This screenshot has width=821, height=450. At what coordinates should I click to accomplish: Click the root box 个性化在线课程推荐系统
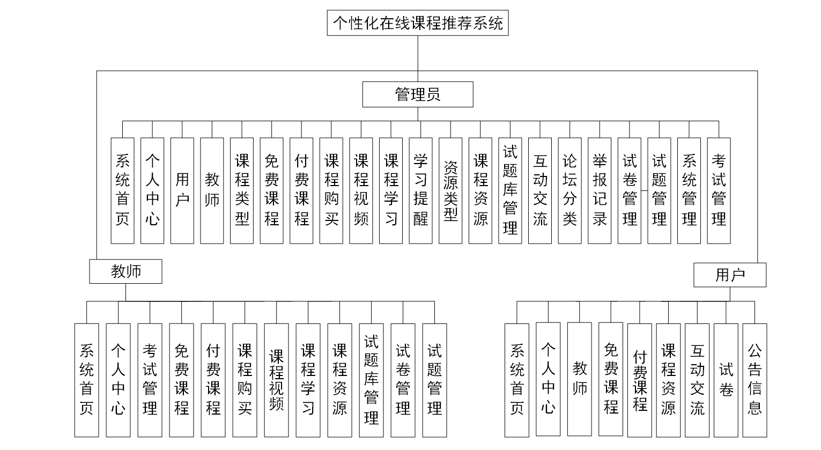click(x=417, y=24)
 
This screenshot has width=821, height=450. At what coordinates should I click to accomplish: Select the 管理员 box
click(x=417, y=94)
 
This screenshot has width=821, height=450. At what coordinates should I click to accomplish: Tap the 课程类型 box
click(x=242, y=190)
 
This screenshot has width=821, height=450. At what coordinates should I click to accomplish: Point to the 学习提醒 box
click(x=420, y=190)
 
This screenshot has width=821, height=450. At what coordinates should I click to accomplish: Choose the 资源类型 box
click(x=450, y=190)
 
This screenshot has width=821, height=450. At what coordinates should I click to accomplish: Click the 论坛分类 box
click(x=569, y=190)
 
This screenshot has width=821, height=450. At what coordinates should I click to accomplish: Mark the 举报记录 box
click(x=600, y=190)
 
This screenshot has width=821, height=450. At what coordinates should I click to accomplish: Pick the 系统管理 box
click(x=689, y=190)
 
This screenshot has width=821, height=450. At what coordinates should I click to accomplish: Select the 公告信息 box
click(x=755, y=379)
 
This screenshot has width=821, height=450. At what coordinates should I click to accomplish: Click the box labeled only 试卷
click(x=726, y=379)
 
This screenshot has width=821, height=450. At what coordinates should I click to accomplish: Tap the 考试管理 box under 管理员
click(x=719, y=190)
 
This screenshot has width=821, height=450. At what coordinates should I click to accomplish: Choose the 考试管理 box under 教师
click(x=150, y=380)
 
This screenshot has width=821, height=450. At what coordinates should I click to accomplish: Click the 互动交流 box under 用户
click(x=697, y=379)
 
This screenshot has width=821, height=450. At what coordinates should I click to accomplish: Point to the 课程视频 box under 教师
click(x=276, y=380)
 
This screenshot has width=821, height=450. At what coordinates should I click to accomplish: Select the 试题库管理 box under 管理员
click(x=510, y=190)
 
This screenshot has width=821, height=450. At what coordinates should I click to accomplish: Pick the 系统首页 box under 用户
click(x=517, y=379)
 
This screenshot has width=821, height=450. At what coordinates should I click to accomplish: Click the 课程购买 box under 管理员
click(x=331, y=190)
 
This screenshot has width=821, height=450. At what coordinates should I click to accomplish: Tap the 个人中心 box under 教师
click(x=118, y=380)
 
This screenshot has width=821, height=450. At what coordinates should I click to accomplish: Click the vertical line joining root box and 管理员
click(x=418, y=58)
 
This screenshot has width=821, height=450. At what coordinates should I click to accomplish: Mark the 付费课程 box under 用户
click(x=640, y=379)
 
